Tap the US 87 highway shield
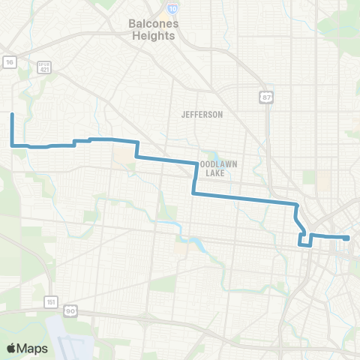(x=265, y=97)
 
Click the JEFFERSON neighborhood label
(x=202, y=115)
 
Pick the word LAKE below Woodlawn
(x=217, y=173)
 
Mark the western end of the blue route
(x=12, y=114)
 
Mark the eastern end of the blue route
(x=348, y=238)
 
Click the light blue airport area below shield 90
(x=71, y=334)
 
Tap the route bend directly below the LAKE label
(x=194, y=193)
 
